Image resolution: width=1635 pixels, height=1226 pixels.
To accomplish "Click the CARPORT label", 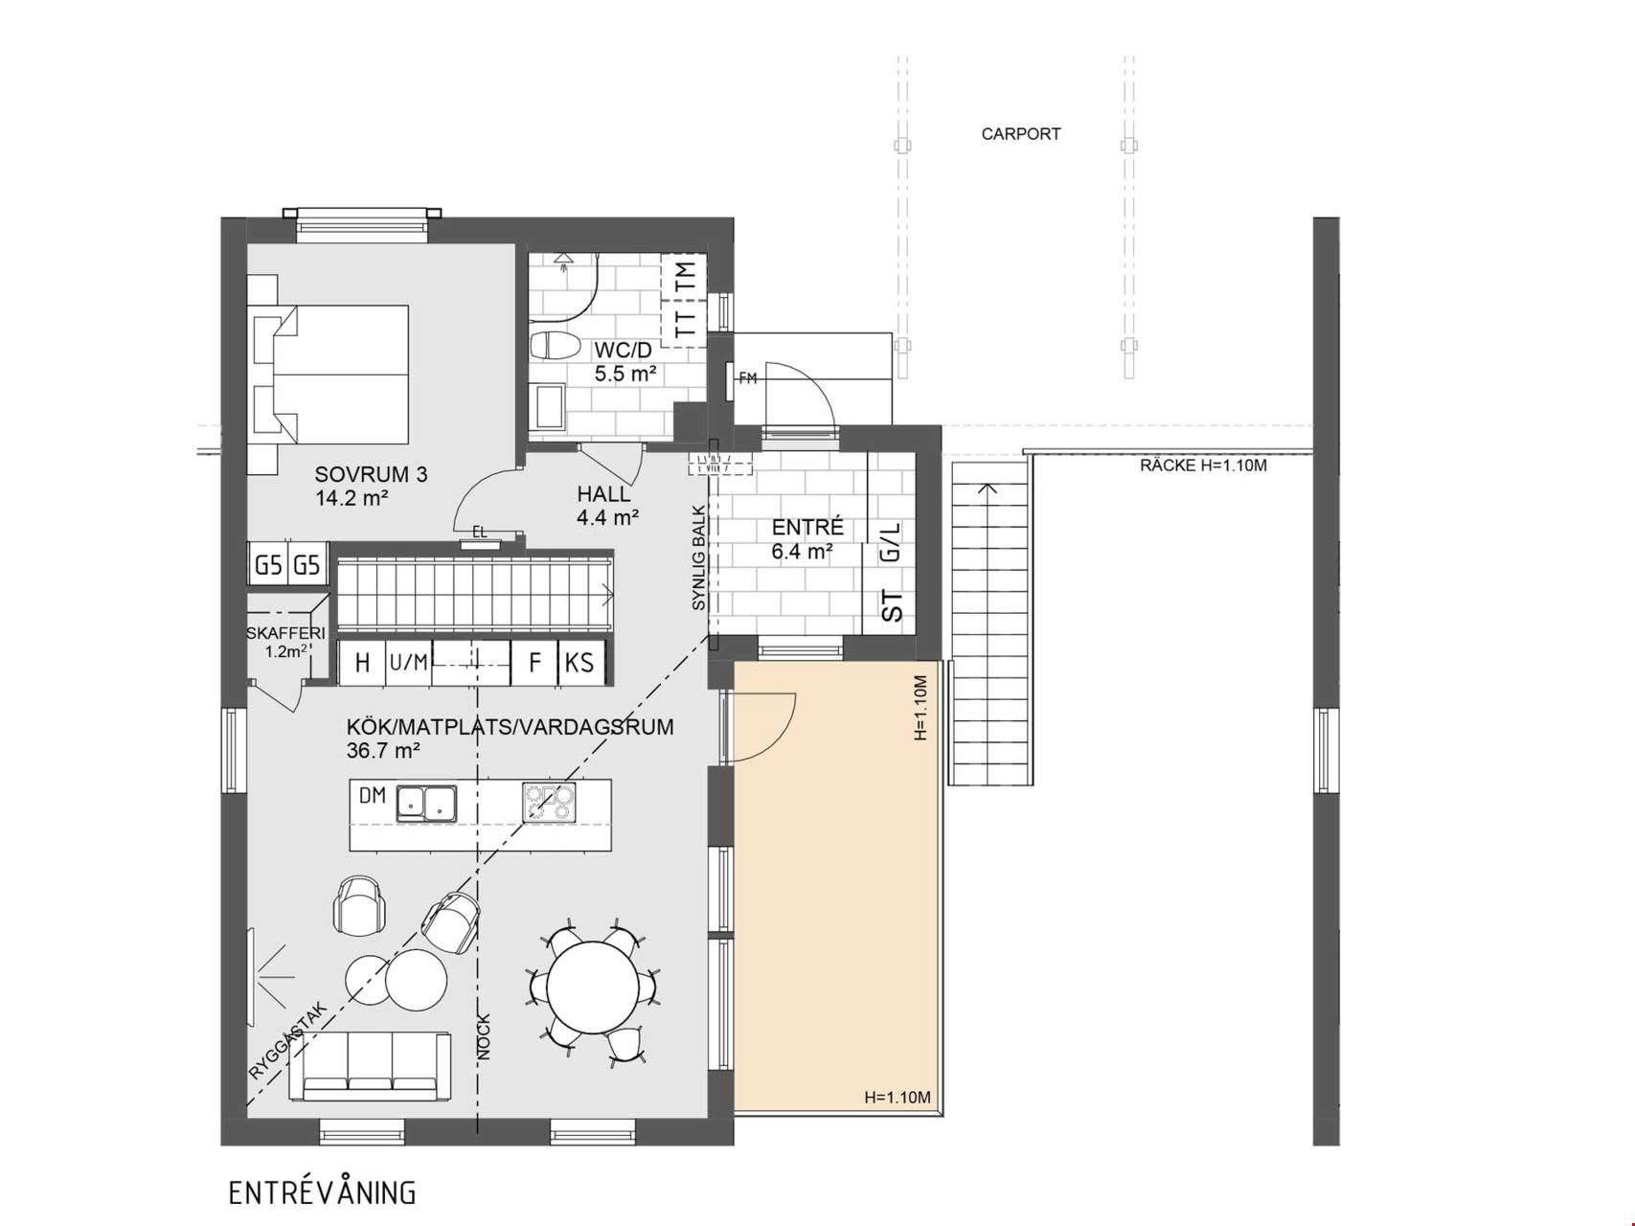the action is (x=1020, y=134).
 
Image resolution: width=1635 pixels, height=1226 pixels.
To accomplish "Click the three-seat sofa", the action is (x=370, y=1067).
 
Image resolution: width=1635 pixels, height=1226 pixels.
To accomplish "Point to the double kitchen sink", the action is (x=427, y=803).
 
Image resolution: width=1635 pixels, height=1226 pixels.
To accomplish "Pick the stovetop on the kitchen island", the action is (x=549, y=803).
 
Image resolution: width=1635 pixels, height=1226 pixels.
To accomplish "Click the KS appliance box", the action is (x=580, y=663).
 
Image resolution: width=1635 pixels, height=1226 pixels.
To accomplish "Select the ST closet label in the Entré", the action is (x=892, y=607).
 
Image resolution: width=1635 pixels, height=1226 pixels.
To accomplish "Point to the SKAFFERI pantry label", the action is (x=285, y=633).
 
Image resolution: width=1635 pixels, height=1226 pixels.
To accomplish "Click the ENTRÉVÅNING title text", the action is (x=323, y=1192).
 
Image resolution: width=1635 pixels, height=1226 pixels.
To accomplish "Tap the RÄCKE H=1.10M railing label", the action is (x=1203, y=466).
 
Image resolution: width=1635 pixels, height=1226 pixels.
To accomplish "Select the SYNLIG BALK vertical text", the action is (x=699, y=557).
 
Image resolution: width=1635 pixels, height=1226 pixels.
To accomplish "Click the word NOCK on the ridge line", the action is (x=484, y=1036).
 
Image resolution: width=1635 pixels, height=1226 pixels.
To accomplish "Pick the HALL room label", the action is (x=603, y=494).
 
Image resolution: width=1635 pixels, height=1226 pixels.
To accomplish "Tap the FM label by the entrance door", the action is (x=748, y=379).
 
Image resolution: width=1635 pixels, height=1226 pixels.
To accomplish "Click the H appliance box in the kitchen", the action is (x=362, y=663).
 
